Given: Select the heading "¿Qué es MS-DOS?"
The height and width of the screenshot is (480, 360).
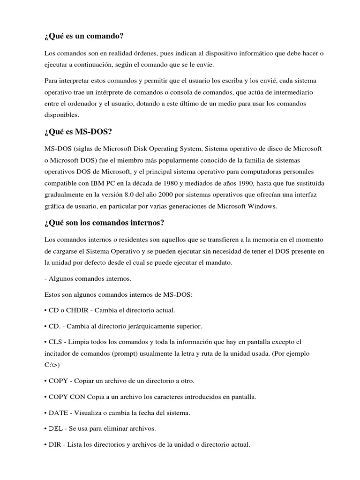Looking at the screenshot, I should click(78, 132).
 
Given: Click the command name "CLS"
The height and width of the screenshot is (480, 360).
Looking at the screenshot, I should click(56, 342).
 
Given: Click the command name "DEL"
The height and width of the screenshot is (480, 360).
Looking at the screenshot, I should click(56, 428).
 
